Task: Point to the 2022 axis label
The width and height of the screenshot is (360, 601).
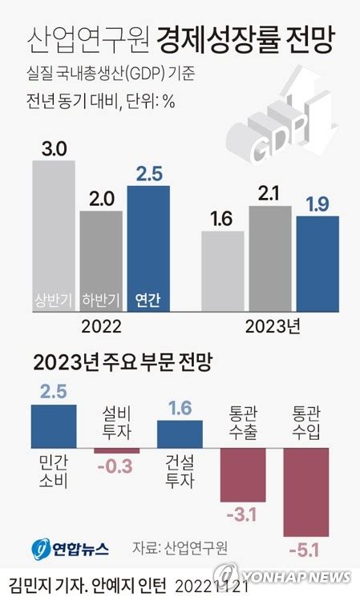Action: (x=101, y=327)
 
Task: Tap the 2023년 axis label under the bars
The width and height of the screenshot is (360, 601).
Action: (x=271, y=327)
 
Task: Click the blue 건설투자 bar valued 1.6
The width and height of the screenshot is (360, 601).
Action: (x=180, y=434)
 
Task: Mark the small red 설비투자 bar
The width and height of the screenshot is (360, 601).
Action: (x=116, y=450)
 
